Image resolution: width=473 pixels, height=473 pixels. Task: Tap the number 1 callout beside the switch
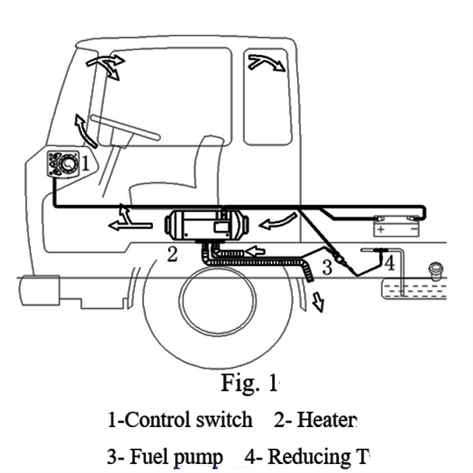85,163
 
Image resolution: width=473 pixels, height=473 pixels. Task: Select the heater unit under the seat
207,223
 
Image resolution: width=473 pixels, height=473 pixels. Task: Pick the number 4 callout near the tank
389,263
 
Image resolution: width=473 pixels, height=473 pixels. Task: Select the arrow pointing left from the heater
125,223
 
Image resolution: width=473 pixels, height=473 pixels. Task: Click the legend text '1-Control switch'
180,420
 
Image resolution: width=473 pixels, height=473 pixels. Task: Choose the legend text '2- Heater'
316,420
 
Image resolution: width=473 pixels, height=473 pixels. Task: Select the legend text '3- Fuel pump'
165,456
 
